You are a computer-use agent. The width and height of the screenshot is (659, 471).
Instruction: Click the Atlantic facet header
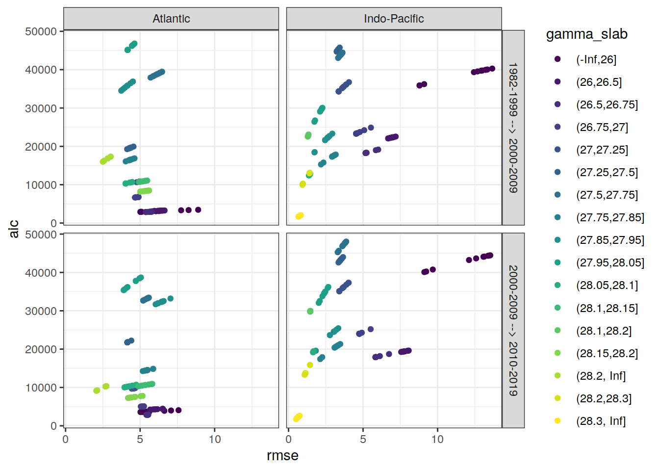click(x=171, y=19)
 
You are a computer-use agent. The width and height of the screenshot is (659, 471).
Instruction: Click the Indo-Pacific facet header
click(x=394, y=19)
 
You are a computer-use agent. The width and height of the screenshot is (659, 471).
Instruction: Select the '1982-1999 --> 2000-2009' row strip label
click(x=513, y=128)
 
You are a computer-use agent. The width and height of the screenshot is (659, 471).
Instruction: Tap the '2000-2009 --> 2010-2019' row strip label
click(x=513, y=330)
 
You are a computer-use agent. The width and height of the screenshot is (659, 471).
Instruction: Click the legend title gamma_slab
click(x=586, y=34)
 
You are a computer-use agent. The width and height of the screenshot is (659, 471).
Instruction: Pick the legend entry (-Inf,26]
click(x=596, y=59)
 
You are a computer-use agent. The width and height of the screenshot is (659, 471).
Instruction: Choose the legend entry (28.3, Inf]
click(x=601, y=421)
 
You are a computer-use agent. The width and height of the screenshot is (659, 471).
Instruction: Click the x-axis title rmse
click(x=282, y=456)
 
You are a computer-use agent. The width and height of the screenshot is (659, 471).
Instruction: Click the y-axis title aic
click(x=14, y=229)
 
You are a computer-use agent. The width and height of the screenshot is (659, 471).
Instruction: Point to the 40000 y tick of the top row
click(x=41, y=70)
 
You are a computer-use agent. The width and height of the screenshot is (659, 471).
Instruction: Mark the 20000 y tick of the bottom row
click(x=41, y=349)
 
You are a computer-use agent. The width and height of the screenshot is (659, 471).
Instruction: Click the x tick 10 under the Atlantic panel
click(x=215, y=439)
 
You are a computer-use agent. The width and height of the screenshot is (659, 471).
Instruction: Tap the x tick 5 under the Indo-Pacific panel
click(x=363, y=439)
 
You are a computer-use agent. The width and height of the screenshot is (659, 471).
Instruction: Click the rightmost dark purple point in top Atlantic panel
click(x=198, y=210)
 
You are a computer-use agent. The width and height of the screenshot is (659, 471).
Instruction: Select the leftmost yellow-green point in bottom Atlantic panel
click(x=97, y=391)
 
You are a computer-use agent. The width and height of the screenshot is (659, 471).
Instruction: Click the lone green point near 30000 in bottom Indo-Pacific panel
click(x=310, y=311)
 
